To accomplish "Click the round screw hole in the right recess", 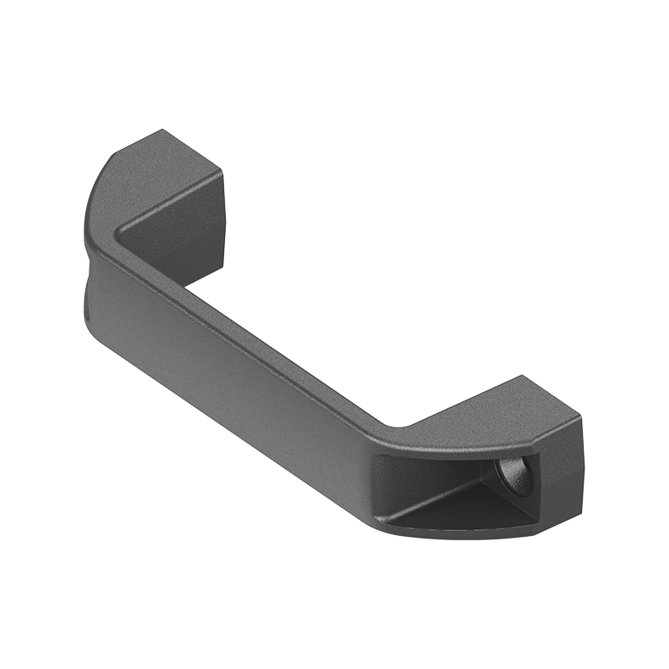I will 513,477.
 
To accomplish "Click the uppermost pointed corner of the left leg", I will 162,130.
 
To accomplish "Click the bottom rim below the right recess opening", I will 460,534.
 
